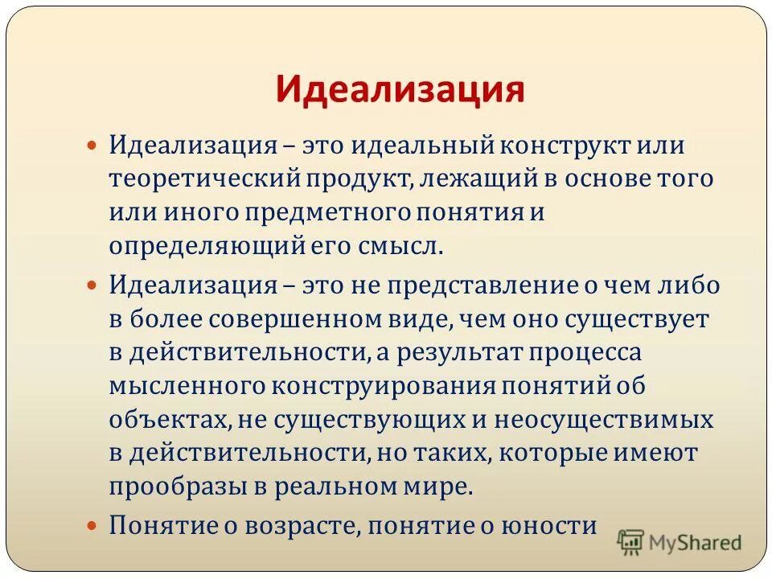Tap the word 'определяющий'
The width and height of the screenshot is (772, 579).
[x=207, y=246]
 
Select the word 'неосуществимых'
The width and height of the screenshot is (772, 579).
[x=603, y=420]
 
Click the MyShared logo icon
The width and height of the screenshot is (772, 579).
[x=631, y=541]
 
